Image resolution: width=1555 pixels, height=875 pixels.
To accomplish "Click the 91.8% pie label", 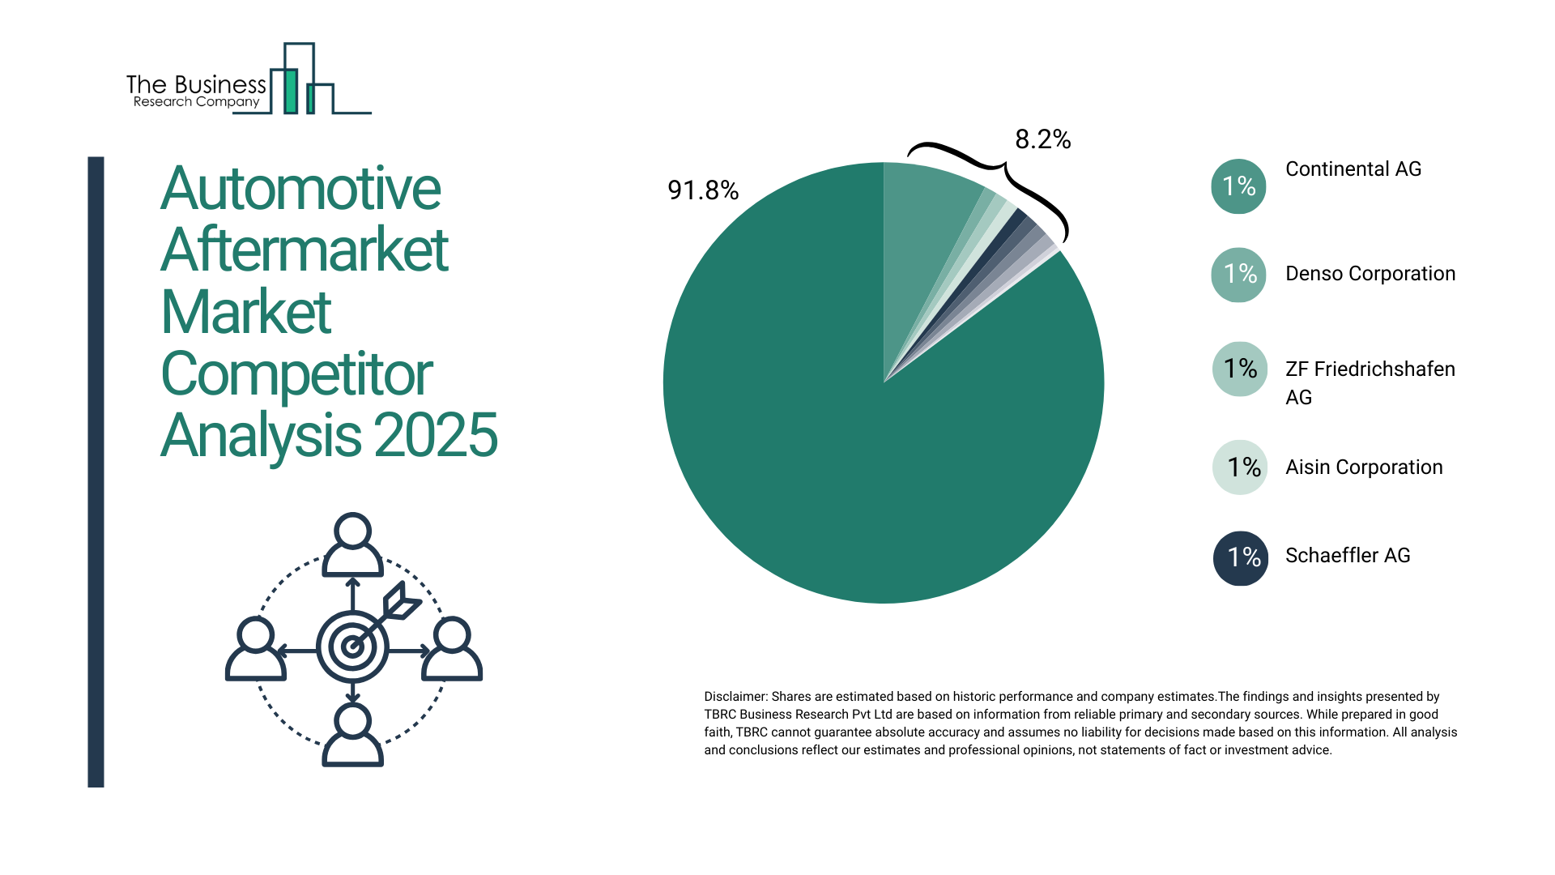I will coord(702,190).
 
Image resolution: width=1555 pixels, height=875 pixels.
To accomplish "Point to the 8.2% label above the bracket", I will coord(1042,139).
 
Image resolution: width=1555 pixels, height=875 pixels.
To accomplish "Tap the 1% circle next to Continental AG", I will coord(1238,186).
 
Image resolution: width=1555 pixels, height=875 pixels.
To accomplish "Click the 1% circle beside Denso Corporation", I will coord(1238,275).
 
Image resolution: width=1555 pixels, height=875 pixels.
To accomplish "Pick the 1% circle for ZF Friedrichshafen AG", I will coord(1239,369).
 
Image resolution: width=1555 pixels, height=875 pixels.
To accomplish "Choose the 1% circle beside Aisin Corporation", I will coord(1240,467).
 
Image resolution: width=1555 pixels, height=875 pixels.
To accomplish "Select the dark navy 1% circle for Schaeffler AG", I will coord(1240,557).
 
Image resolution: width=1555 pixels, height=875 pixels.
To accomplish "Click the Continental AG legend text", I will coord(1353,169).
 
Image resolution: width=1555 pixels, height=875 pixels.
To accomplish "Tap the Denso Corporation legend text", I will coord(1370,274).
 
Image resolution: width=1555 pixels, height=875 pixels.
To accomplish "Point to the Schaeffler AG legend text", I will coord(1347,556).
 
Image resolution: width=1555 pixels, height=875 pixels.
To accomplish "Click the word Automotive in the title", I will coord(300,189).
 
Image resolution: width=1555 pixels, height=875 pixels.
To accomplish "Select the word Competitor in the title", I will coord(296,374).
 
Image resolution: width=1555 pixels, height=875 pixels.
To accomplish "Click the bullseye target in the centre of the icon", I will coord(352,647).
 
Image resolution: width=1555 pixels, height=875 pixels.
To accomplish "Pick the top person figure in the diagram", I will coord(352,545).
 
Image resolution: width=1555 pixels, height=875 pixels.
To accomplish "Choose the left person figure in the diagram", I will coord(256,649).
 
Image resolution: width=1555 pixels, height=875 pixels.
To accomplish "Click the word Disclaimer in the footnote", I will coord(735,697).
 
